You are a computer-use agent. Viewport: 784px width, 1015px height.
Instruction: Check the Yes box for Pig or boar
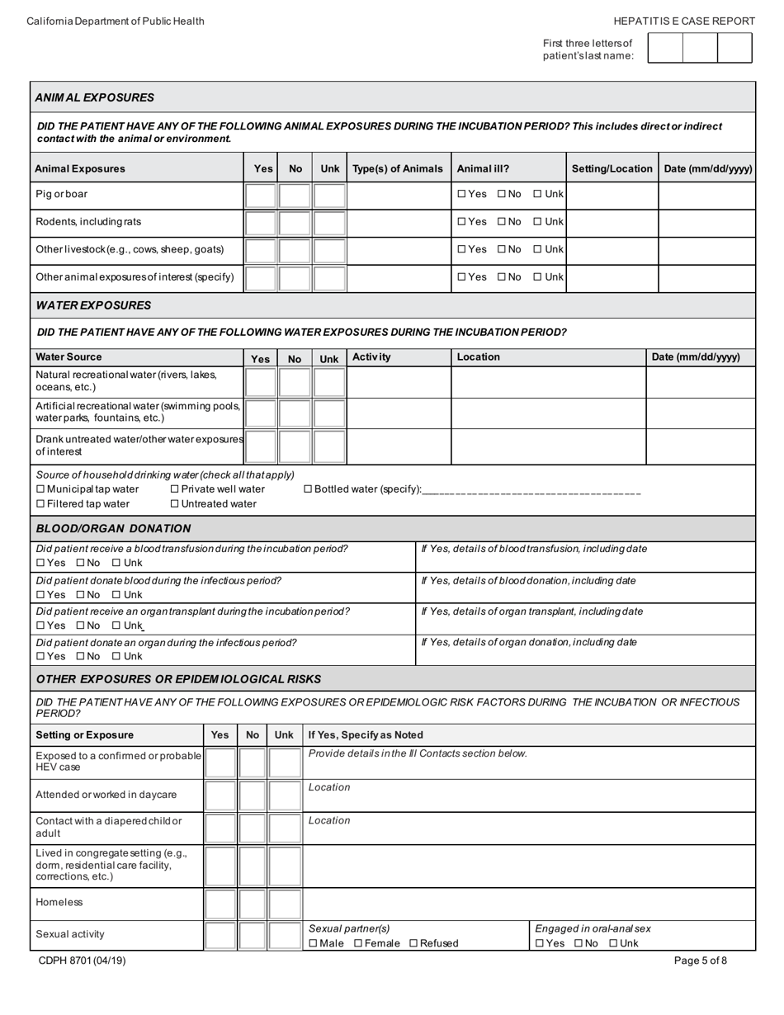[261, 196]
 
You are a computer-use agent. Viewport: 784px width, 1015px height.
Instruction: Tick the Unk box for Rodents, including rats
[329, 223]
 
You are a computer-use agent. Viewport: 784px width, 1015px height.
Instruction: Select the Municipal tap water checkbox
[41, 489]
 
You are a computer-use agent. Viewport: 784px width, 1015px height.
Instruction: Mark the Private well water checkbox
[175, 489]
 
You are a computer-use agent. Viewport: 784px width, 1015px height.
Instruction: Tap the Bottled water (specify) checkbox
[309, 489]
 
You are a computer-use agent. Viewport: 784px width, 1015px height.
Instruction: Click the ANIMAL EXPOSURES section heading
[94, 97]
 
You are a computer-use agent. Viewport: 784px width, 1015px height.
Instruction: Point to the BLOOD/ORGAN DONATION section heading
[113, 528]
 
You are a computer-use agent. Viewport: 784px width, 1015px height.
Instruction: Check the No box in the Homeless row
[253, 904]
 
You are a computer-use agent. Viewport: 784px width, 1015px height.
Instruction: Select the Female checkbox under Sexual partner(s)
[359, 943]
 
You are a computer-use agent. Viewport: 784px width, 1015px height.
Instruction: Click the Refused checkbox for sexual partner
[414, 943]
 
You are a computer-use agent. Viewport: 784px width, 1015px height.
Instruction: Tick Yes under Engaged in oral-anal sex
[540, 943]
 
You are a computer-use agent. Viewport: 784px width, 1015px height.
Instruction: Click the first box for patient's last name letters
[665, 49]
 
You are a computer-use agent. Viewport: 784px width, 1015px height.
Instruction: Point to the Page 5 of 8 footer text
[700, 961]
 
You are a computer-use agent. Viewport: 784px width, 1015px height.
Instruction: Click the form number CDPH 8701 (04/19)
[82, 961]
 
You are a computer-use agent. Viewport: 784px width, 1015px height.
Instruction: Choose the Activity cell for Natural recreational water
[399, 382]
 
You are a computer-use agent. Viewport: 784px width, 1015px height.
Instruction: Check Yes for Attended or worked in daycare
[220, 795]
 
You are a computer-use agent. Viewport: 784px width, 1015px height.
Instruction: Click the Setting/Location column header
[612, 168]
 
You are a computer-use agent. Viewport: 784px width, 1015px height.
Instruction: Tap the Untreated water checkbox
[175, 504]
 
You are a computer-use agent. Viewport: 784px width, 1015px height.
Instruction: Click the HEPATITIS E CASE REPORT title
[684, 21]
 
